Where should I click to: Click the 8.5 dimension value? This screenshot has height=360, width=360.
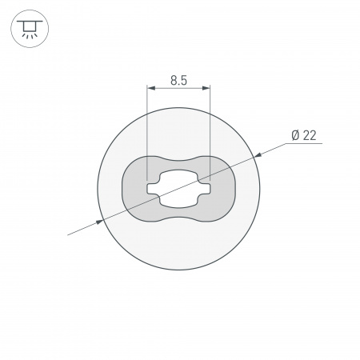pos(178,79)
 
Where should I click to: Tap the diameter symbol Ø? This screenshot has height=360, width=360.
pos(294,135)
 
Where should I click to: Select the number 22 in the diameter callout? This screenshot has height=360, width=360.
pos(310,135)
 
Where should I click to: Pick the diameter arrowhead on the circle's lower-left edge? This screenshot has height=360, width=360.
pos(99,219)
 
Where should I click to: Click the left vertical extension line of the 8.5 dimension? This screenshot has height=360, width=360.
pos(148,128)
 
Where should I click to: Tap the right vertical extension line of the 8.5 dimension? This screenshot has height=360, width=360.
pos(210,128)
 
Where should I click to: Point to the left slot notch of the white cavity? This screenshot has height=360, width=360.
pos(151,189)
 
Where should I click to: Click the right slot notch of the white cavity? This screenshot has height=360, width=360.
pos(206,189)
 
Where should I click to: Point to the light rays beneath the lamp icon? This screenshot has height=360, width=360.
pos(29,35)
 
